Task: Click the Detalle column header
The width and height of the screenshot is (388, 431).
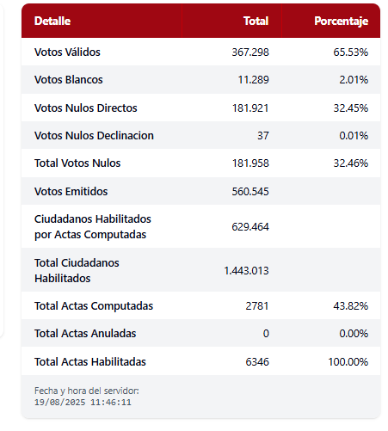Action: tap(52, 21)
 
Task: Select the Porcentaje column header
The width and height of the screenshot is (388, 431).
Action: tap(342, 21)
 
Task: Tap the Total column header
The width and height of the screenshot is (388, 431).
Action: tap(256, 21)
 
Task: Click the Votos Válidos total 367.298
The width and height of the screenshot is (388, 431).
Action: tap(250, 52)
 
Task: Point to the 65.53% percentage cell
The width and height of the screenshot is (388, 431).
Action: tap(351, 52)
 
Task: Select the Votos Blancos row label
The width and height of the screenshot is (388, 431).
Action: tap(69, 80)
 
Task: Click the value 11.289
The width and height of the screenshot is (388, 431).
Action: tap(254, 80)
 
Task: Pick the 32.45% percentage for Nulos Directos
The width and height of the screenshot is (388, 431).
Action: tap(351, 108)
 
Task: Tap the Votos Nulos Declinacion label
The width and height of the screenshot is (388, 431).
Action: tap(94, 136)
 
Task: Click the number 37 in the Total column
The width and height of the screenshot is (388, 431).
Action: tap(263, 136)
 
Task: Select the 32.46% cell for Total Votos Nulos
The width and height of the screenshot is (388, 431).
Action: tap(351, 163)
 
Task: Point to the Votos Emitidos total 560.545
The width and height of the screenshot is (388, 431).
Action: tap(250, 192)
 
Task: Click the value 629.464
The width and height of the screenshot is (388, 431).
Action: tap(250, 227)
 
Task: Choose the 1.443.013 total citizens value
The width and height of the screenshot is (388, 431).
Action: tap(246, 271)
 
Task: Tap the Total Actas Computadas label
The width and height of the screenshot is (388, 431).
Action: tap(94, 306)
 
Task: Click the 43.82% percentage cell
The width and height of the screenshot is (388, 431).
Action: tap(351, 306)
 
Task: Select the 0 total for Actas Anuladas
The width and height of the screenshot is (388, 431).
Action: tap(266, 334)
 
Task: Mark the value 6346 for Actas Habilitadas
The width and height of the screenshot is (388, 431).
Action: tap(257, 362)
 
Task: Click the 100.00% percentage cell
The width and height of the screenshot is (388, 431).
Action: tap(348, 362)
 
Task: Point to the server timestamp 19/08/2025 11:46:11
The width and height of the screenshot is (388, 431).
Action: tap(83, 403)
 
